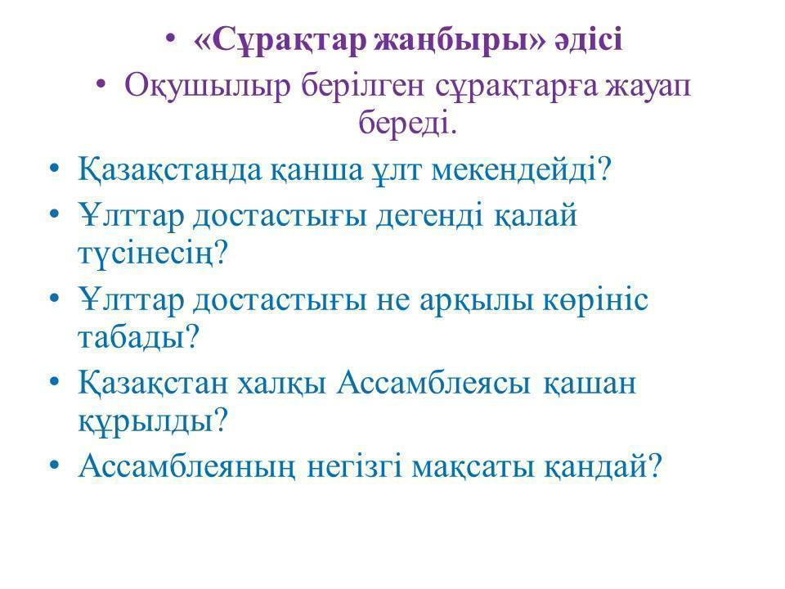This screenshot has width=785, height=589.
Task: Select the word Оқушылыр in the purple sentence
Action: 207,86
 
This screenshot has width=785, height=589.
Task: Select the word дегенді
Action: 429,216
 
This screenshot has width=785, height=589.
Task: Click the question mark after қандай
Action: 654,465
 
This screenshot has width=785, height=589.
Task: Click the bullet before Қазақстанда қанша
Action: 55,169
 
